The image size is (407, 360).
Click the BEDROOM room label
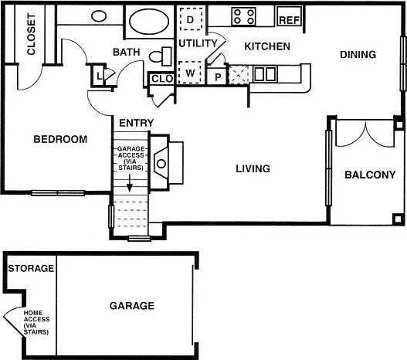pos(60,140)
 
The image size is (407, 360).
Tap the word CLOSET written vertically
pos(32,35)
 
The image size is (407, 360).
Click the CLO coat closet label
pos(161,78)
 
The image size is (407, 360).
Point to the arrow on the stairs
pos(129,185)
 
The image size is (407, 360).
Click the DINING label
pos(357,55)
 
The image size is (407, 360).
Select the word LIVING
pos(252,168)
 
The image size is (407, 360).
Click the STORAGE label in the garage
pos(31,269)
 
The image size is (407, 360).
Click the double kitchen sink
pos(265,74)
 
